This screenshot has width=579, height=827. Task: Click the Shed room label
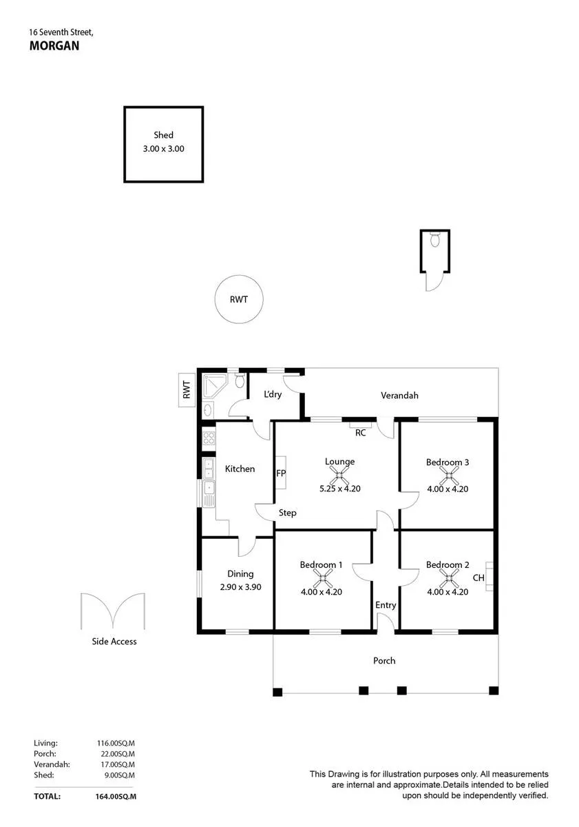click(163, 135)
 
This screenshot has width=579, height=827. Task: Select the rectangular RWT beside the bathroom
click(187, 390)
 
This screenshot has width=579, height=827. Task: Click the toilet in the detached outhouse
click(435, 239)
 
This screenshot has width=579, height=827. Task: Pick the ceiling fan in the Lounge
click(339, 476)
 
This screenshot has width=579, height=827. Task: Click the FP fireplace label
click(281, 473)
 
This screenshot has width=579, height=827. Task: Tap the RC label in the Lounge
click(360, 433)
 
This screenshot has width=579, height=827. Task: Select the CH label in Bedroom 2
click(478, 578)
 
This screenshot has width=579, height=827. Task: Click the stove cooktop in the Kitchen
click(209, 438)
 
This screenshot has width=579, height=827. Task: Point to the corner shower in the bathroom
click(212, 386)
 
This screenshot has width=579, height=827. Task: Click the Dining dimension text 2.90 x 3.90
click(240, 587)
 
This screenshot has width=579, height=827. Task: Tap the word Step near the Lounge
click(287, 513)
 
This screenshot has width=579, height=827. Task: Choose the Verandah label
click(399, 396)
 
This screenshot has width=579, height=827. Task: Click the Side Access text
click(114, 642)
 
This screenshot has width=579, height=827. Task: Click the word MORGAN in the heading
click(54, 45)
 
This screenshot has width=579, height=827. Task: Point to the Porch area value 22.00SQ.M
click(118, 754)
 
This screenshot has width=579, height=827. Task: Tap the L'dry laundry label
click(273, 394)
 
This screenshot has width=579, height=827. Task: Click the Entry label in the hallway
click(386, 605)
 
